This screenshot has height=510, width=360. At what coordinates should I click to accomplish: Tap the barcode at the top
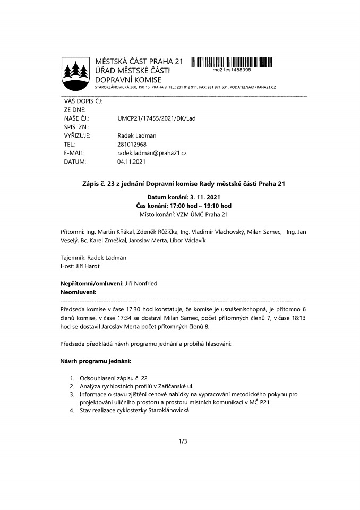pos(232,62)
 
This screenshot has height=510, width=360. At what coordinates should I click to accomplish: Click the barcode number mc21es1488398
pos(232,70)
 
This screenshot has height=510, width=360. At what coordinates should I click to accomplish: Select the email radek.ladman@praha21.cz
pos(152,152)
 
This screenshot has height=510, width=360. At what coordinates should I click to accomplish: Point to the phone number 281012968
pos(132,144)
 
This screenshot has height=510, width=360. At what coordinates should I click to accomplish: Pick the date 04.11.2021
pos(131,161)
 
